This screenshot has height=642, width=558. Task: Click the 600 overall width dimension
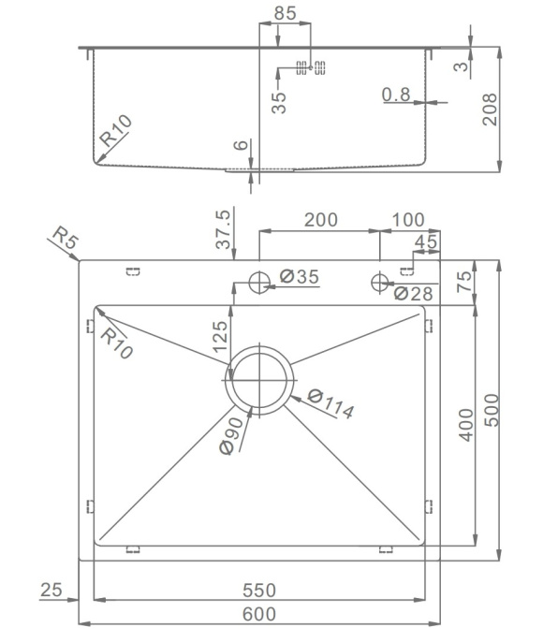259,614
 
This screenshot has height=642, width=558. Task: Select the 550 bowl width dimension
259,590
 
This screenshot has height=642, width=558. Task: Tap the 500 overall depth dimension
492,410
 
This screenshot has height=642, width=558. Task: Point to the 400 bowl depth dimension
466,425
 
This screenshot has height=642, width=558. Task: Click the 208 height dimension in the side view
490,109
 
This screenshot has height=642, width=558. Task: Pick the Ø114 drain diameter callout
330,404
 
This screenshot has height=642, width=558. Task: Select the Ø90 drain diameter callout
232,436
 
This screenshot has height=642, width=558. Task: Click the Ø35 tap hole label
299,276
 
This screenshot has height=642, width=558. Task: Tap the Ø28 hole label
413,293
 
